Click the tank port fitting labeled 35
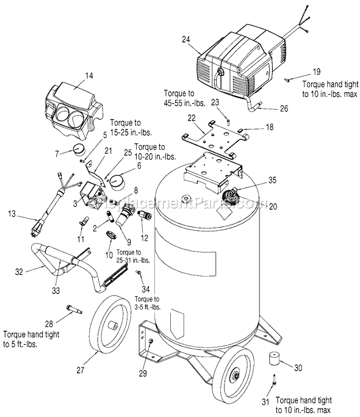tap(231, 194)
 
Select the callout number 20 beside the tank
tap(256, 206)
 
